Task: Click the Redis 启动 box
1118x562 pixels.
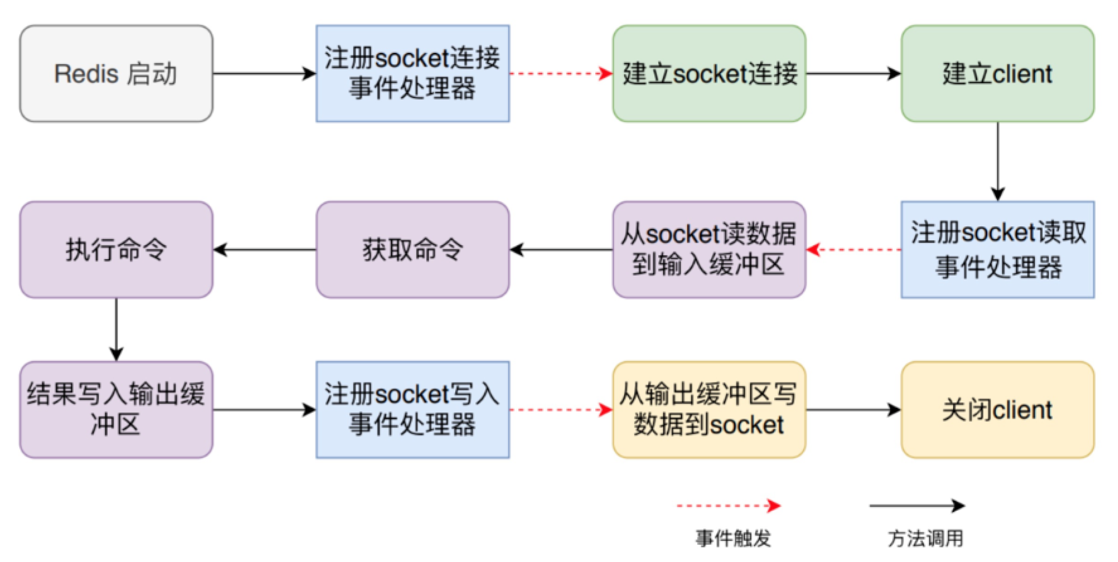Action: [x=116, y=74]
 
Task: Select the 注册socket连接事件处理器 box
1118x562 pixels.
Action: [x=412, y=74]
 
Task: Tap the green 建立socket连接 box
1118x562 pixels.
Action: [x=709, y=74]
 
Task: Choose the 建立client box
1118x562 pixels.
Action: [x=998, y=74]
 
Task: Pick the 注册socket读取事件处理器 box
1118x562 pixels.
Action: [x=998, y=250]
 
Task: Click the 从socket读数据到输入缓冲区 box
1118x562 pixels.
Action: [x=709, y=250]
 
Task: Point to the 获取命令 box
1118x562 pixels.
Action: [x=412, y=250]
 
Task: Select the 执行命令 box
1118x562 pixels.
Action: [x=116, y=250]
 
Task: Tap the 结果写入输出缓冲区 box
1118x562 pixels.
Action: [x=116, y=410]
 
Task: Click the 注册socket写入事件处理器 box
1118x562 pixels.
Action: [x=412, y=410]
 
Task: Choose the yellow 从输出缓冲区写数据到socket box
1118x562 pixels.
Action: [x=709, y=410]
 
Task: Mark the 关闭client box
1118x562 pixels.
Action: [x=998, y=410]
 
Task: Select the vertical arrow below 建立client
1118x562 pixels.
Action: [x=998, y=161]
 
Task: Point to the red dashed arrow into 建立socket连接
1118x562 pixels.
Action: [x=561, y=74]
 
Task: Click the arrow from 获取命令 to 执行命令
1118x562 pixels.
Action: [x=264, y=250]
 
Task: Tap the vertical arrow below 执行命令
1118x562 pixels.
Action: [x=116, y=330]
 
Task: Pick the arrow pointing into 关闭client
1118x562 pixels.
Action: [x=853, y=410]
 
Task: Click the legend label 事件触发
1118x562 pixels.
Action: [x=733, y=538]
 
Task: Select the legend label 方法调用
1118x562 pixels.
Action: [x=925, y=538]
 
